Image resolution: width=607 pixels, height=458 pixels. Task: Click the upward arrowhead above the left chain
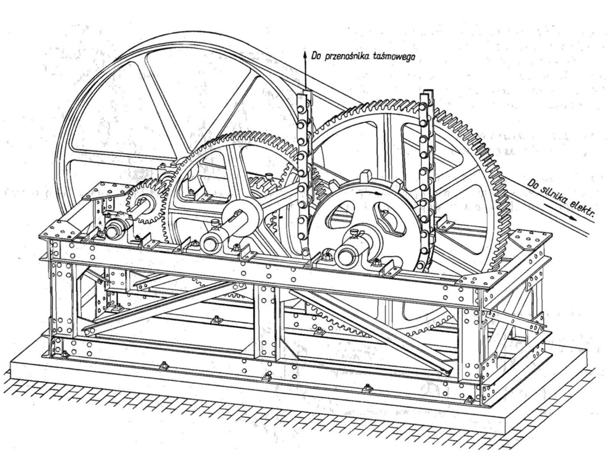(x=305, y=54)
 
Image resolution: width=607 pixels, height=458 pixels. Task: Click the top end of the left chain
(x=304, y=95)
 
